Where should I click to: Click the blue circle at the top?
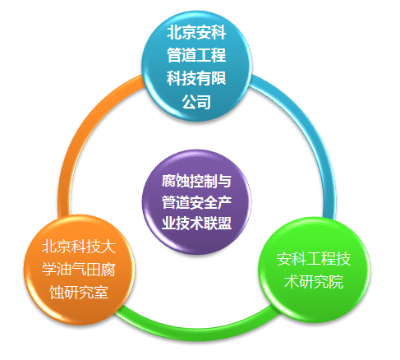tap(196, 66)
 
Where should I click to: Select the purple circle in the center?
tap(196, 202)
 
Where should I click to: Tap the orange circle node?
tap(80, 270)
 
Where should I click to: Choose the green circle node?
tap(314, 270)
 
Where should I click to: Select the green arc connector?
tap(197, 330)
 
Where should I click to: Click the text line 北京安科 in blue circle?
tap(196, 32)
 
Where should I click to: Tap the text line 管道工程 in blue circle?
tap(196, 55)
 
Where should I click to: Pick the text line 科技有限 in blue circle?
tap(196, 78)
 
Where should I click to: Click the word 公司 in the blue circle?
tap(196, 102)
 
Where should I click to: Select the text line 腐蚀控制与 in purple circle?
tap(196, 181)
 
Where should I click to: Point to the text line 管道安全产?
tap(196, 202)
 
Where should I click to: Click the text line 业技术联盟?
tap(196, 224)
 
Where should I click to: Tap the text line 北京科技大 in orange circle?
tap(79, 247)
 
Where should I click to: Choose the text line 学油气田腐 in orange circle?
tap(79, 270)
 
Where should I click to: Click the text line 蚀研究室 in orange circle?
tap(79, 293)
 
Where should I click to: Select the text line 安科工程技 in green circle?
tap(314, 259)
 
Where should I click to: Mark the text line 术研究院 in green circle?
tap(314, 282)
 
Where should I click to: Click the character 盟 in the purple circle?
tap(225, 224)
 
